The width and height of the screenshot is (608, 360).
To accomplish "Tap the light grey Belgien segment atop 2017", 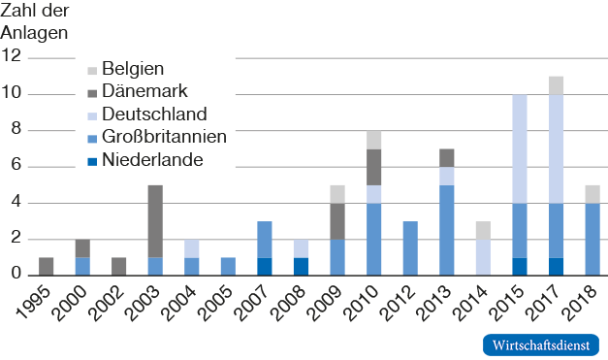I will [x=555, y=85].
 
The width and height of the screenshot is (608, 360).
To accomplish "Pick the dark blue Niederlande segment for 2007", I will [x=265, y=266].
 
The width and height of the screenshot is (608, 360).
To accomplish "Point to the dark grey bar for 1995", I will [x=47, y=266].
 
